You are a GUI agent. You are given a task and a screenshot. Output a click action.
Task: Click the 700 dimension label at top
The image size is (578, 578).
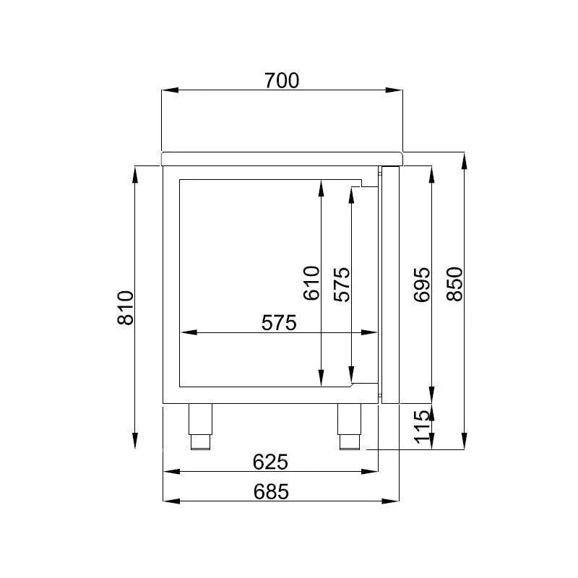pos(281,80)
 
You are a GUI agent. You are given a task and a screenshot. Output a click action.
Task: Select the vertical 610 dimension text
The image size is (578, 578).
pos(311,283)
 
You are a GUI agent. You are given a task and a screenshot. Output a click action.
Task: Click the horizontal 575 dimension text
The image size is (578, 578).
pos(279,323)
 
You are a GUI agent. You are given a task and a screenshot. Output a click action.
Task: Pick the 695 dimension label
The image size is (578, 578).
pos(423,283)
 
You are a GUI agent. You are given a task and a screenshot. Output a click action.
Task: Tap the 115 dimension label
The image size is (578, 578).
pos(423,427)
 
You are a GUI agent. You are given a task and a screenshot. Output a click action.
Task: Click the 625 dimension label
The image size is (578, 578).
pos(271,461)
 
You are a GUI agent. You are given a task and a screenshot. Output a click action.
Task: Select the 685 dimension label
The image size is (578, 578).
pos(271,491)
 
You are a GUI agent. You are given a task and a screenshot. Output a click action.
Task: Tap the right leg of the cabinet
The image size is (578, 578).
pos(349,426)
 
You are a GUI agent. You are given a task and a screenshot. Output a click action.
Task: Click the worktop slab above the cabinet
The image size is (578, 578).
pos(282,158)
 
